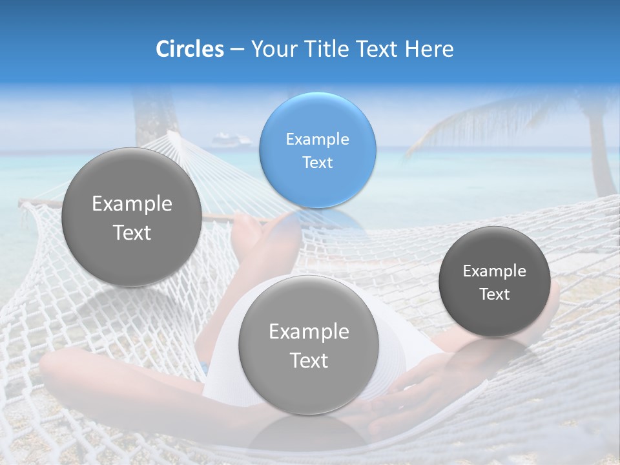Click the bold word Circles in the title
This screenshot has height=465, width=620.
coord(189,49)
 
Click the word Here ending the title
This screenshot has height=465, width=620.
coord(429,49)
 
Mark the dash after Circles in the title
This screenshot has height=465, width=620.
coord(237,50)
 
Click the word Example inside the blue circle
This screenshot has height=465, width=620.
coord(317,139)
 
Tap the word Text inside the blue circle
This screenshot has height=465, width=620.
coord(317,162)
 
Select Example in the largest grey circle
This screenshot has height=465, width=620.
coord(132,204)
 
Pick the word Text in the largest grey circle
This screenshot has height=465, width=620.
coord(132,232)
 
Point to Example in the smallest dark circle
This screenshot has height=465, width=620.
coord(494,271)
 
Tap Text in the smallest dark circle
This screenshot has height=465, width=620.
coord(494,294)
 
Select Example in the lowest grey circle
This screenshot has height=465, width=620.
coord(309,332)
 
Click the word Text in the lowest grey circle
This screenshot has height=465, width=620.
coord(309,360)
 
